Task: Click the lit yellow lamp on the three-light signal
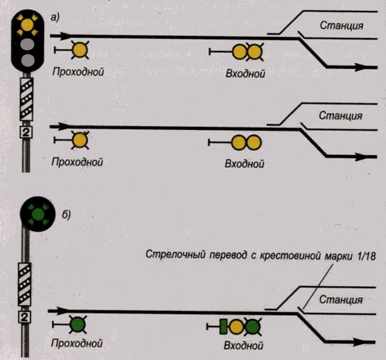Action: tap(26, 24)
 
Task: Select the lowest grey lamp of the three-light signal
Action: tap(26, 59)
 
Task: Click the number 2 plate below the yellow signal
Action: tap(27, 132)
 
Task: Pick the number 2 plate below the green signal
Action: tap(26, 316)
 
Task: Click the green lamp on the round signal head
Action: tap(37, 214)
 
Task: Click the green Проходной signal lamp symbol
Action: tap(77, 325)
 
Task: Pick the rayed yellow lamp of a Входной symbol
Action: tap(253, 52)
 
